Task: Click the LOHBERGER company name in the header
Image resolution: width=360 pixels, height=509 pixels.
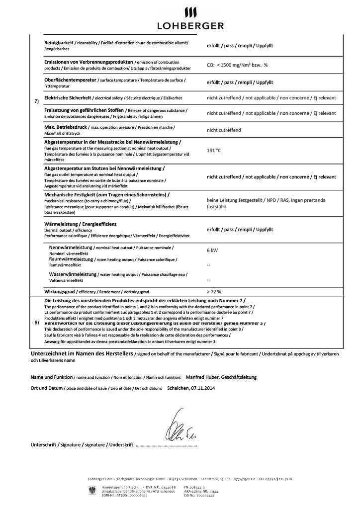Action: tap(190, 25)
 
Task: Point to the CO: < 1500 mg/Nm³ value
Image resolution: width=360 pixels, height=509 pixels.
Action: tap(234, 65)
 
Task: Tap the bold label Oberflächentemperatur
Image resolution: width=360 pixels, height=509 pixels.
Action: tap(70, 80)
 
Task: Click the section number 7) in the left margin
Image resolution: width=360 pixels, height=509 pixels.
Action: tap(36, 101)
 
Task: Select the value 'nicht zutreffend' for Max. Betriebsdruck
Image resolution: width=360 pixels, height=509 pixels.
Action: tap(224, 130)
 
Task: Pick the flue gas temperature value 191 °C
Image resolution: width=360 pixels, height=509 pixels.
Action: tap(214, 149)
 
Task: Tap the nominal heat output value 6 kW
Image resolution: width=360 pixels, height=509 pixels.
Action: tap(212, 252)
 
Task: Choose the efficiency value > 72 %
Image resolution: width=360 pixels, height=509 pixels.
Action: tap(214, 291)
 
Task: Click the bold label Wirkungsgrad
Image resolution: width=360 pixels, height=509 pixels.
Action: tap(61, 291)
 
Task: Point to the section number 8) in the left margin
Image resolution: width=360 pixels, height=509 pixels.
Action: tap(36, 323)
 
